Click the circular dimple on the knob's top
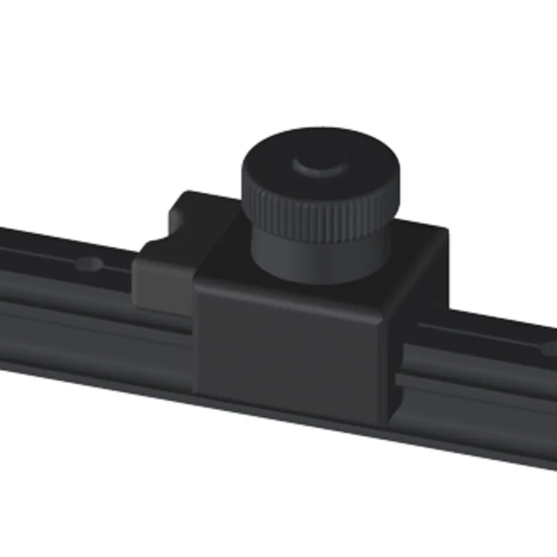[321, 165]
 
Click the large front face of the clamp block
[289, 348]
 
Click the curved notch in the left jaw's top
[157, 244]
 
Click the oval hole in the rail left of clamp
[89, 264]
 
